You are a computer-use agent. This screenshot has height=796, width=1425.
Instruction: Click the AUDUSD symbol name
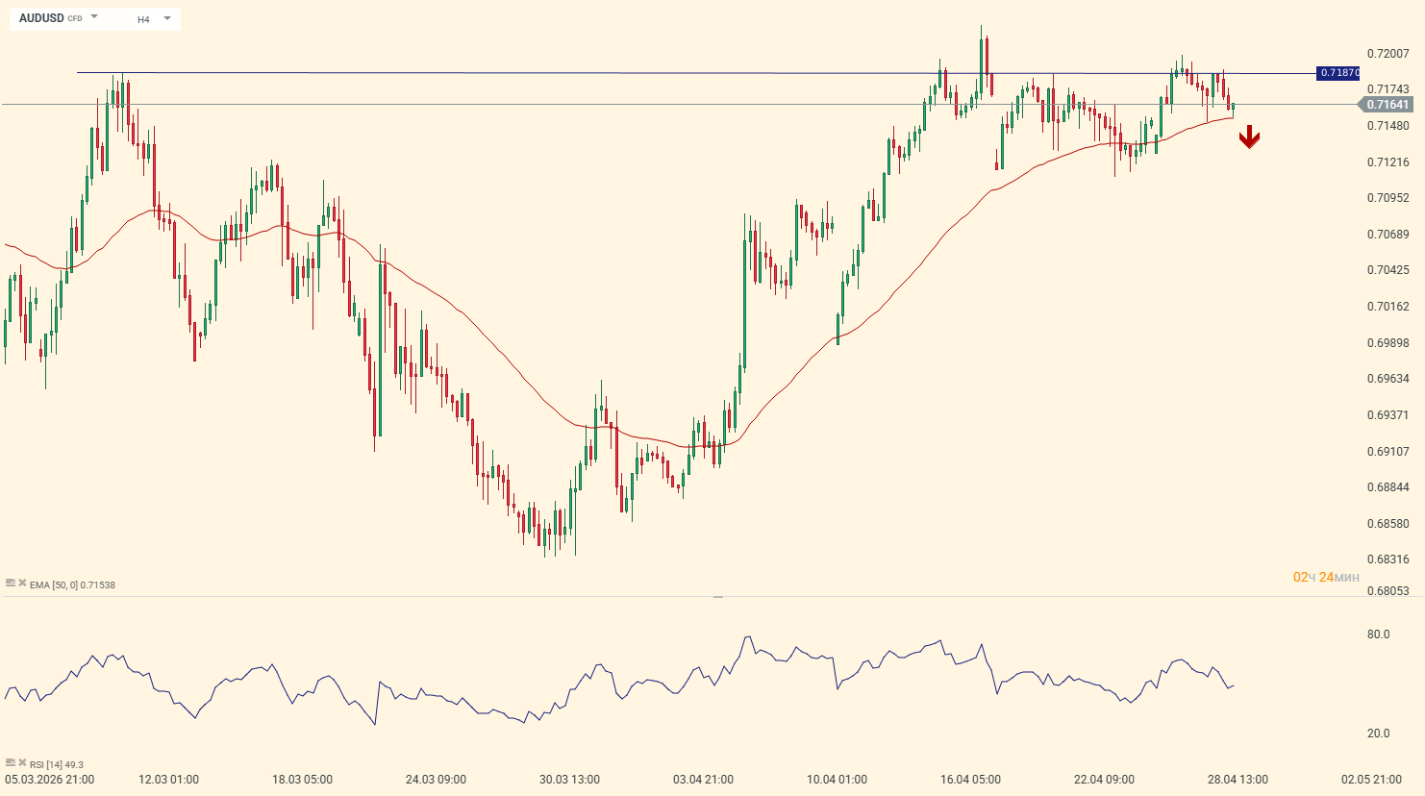[41, 18]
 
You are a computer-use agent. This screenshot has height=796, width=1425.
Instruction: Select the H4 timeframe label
[143, 19]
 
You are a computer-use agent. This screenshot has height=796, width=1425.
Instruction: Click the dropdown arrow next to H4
[167, 18]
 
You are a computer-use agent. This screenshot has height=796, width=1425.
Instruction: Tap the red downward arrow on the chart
[1249, 137]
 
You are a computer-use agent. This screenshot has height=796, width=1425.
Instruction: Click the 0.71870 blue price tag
[1338, 73]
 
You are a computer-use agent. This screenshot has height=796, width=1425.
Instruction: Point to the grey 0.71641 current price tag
[1387, 105]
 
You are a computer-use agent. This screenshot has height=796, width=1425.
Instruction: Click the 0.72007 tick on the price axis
[1387, 54]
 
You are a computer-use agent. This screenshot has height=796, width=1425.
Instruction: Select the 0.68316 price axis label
[1387, 560]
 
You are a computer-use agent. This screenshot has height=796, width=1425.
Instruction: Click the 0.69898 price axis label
[1387, 343]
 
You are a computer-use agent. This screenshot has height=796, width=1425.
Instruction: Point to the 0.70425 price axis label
[1387, 270]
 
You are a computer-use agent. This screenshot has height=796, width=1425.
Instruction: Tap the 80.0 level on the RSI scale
[1378, 634]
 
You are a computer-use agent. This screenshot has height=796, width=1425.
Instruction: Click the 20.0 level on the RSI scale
[1378, 734]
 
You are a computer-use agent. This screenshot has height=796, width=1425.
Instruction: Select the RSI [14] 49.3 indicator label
[57, 765]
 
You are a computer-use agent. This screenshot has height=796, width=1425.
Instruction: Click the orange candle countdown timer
[1326, 578]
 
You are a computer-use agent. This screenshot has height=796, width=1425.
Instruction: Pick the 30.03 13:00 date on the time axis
[569, 780]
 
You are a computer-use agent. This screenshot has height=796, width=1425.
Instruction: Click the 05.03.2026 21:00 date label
[50, 780]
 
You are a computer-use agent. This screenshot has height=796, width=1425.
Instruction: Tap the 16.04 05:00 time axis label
[970, 780]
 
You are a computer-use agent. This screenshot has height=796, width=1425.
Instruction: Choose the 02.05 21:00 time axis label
[1371, 780]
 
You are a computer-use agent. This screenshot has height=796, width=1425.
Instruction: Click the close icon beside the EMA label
[22, 583]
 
